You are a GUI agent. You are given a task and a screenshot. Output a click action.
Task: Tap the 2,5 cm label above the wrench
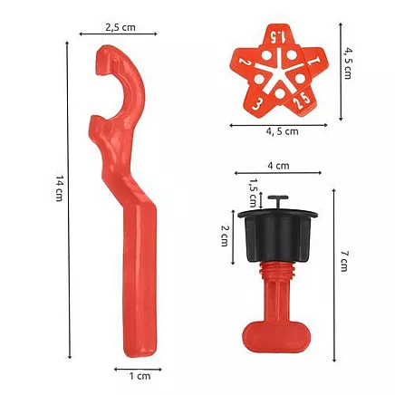(x=120, y=26)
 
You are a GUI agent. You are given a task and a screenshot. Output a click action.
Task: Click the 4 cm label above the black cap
(x=279, y=166)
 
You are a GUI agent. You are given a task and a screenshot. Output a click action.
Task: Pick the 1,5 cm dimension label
(x=254, y=192)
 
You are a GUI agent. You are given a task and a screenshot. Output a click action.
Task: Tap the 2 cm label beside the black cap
(x=224, y=237)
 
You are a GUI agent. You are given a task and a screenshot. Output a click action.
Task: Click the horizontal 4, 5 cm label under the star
(x=282, y=131)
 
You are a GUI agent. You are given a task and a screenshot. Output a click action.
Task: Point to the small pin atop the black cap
(x=280, y=200)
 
